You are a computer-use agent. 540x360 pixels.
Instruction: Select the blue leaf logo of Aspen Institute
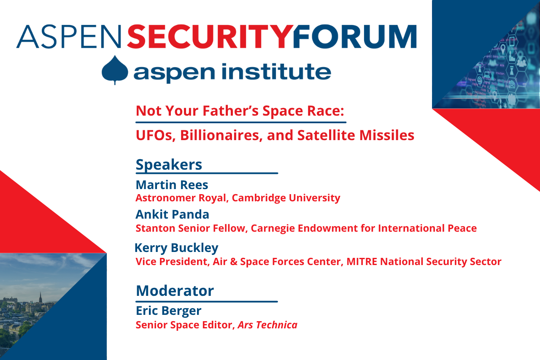pos(114,70)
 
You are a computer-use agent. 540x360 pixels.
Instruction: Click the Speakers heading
pos(169,164)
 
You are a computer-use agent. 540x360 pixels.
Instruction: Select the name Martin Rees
pos(172,185)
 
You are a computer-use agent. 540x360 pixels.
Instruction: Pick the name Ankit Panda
pos(172,214)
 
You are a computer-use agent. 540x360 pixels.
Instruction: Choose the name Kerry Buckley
pos(176,248)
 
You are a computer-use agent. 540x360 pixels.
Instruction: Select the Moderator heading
pos(175,290)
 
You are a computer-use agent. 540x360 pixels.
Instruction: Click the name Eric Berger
pos(168,311)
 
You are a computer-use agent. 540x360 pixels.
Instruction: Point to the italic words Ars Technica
pos(267,325)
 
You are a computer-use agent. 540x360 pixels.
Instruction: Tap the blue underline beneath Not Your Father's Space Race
pos(240,122)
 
